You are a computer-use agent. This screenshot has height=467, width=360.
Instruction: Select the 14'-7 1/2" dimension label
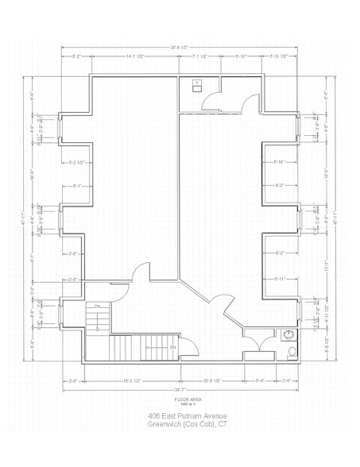134,57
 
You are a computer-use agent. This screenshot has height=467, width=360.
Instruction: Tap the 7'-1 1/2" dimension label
199,57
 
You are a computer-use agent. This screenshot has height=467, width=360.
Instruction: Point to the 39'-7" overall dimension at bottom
179,390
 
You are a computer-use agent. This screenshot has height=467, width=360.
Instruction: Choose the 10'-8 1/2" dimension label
211,380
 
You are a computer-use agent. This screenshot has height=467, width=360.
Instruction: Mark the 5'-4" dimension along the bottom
260,380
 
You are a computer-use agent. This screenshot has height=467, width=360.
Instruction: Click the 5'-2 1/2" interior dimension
78,163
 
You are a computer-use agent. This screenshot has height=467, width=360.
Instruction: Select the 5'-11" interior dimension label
279,279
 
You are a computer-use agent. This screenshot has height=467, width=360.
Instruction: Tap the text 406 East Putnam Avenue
188,416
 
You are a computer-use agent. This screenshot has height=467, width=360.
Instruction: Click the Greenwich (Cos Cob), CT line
188,425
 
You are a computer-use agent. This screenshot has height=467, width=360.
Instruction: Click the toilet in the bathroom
292,350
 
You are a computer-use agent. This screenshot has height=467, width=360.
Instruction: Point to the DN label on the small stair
97,306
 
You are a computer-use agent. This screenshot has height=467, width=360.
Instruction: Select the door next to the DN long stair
191,345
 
